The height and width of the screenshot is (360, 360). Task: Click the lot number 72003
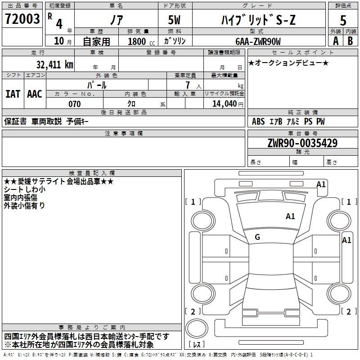coord(22,19)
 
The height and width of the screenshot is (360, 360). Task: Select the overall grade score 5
coord(343,20)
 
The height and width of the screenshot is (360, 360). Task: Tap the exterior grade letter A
coord(336,41)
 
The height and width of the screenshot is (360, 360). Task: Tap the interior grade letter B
coord(350,41)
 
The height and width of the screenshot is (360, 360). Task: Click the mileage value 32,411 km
coord(54,64)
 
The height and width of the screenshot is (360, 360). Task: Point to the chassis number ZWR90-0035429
coord(302,143)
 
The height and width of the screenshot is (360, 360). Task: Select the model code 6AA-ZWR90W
coord(258,41)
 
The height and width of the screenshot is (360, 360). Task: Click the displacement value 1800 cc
coord(141,41)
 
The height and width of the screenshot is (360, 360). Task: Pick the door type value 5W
coord(174,20)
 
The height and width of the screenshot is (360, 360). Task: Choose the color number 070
coord(75,104)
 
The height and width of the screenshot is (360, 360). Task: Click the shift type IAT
coord(13,94)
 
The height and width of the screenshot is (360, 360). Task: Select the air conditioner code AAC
coord(35,94)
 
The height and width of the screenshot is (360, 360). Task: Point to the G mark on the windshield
coord(257,237)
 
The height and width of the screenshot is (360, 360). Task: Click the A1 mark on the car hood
coord(290,216)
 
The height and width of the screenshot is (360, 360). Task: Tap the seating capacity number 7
coord(188,85)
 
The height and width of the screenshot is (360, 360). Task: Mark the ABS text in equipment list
coord(258,121)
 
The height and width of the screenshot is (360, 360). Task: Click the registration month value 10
coord(59,41)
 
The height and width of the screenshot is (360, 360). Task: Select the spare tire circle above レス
coord(197,328)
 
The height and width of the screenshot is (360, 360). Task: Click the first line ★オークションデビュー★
coord(288,63)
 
